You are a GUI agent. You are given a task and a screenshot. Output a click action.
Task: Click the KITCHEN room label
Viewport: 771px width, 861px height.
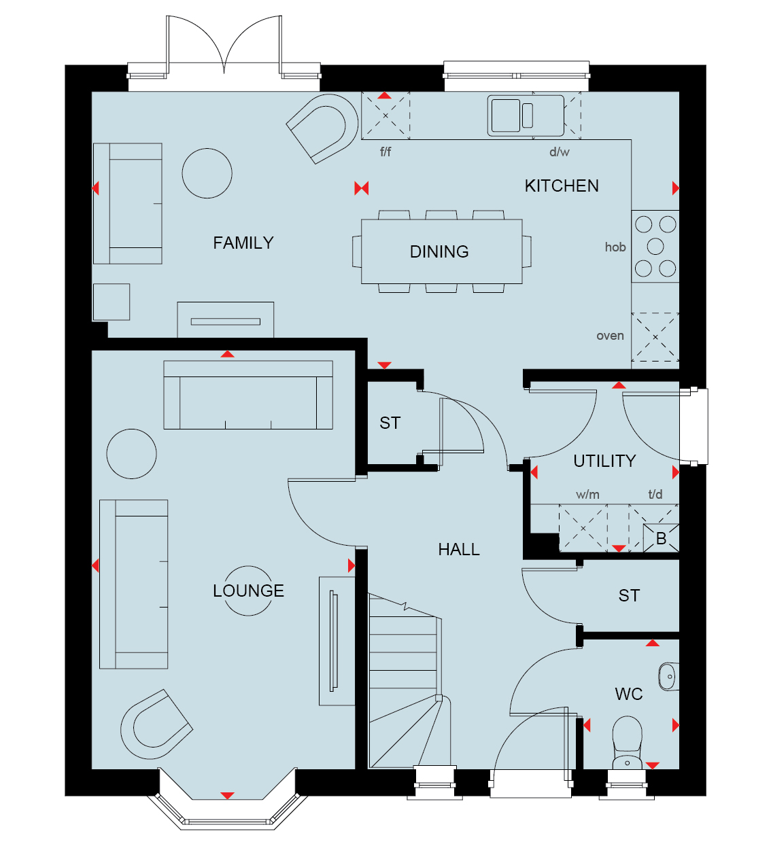point(562,186)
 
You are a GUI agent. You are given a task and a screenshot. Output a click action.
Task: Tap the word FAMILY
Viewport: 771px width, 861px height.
point(243,243)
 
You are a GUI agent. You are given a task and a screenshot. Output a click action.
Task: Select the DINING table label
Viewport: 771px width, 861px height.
point(439,251)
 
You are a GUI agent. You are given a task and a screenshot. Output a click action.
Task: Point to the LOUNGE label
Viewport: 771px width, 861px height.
point(248,591)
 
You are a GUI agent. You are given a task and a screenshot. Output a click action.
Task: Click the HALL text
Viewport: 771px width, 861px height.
point(459,550)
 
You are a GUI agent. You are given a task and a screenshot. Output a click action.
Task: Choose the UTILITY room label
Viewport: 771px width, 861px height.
point(604,461)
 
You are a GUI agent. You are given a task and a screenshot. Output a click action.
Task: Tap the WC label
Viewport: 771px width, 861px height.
point(628,694)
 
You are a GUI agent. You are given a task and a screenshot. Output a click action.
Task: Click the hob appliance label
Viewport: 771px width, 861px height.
point(615,247)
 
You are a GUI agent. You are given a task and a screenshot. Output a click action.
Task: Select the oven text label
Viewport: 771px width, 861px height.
point(611,336)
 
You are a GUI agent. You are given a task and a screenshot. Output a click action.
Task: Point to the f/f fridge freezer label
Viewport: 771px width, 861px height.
point(385,152)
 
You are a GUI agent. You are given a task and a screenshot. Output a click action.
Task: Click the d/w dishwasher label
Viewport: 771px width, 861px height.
point(560,152)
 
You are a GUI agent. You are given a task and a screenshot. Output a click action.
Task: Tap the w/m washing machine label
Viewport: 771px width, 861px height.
point(587,494)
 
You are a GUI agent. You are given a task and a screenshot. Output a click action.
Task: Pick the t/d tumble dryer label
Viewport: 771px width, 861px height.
point(655,494)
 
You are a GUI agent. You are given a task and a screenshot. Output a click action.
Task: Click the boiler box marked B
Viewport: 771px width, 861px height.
point(661,538)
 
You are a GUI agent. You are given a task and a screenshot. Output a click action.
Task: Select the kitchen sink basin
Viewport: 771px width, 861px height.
point(506,116)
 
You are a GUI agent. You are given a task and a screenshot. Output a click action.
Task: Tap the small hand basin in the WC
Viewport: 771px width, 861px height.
point(668,676)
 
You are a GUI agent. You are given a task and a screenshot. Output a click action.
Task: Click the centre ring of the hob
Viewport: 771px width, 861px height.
point(655,246)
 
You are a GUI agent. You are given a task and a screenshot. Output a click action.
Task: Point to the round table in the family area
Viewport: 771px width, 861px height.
point(207,173)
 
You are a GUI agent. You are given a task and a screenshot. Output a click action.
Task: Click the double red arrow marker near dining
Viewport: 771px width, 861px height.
point(362,188)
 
